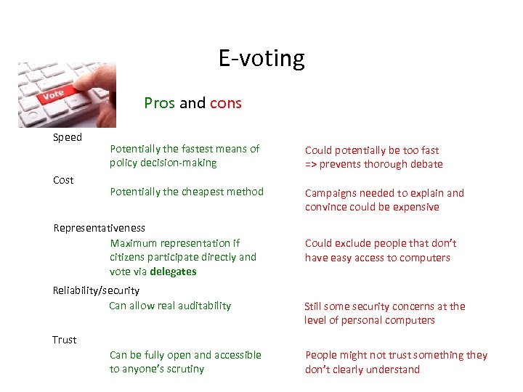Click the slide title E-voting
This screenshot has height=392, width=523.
point(261,58)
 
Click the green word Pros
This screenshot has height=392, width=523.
point(159,103)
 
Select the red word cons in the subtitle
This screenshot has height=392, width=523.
point(226,103)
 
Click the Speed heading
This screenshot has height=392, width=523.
point(68,137)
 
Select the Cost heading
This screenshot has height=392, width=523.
point(63,180)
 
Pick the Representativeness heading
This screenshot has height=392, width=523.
point(99,228)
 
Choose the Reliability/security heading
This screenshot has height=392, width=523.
point(96,290)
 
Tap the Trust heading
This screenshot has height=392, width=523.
point(64,340)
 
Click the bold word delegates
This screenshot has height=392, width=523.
point(174,271)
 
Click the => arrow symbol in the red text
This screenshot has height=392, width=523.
point(312,164)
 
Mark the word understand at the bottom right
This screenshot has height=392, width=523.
point(392,369)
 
